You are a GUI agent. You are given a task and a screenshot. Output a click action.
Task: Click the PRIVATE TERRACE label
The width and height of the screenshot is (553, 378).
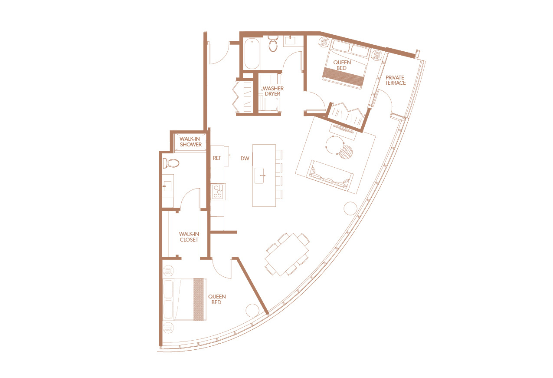(x=395, y=80)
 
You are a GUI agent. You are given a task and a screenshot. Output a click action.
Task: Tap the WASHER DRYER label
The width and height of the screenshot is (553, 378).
(x=273, y=91)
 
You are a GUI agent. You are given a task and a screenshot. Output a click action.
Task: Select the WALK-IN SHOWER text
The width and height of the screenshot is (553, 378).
(x=190, y=142)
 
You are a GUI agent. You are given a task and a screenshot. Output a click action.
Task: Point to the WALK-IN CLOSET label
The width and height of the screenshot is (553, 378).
(x=189, y=237)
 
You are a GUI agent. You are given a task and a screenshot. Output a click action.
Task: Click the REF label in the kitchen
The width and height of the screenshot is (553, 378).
(x=217, y=158)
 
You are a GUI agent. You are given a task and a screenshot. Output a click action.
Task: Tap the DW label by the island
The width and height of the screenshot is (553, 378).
(x=245, y=159)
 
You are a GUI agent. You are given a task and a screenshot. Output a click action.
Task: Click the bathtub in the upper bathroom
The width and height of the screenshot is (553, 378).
(x=252, y=53)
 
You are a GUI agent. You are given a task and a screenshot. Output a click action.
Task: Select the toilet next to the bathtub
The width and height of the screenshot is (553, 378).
(x=273, y=44)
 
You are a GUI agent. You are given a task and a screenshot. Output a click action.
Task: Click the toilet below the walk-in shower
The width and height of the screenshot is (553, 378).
(x=170, y=163)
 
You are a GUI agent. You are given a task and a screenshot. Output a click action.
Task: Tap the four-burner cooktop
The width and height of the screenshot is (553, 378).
(x=217, y=192)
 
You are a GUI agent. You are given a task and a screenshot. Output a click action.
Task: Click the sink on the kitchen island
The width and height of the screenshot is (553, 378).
(x=259, y=176)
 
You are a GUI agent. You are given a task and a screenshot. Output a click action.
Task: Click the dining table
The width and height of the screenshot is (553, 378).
(x=287, y=255)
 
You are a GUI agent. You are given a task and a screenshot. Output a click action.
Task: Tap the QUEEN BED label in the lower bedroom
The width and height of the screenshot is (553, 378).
(x=217, y=299)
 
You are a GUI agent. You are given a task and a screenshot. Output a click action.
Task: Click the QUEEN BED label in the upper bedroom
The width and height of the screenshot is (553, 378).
(x=342, y=65)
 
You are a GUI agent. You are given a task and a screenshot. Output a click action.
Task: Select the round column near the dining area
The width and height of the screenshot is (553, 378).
(x=350, y=208)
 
